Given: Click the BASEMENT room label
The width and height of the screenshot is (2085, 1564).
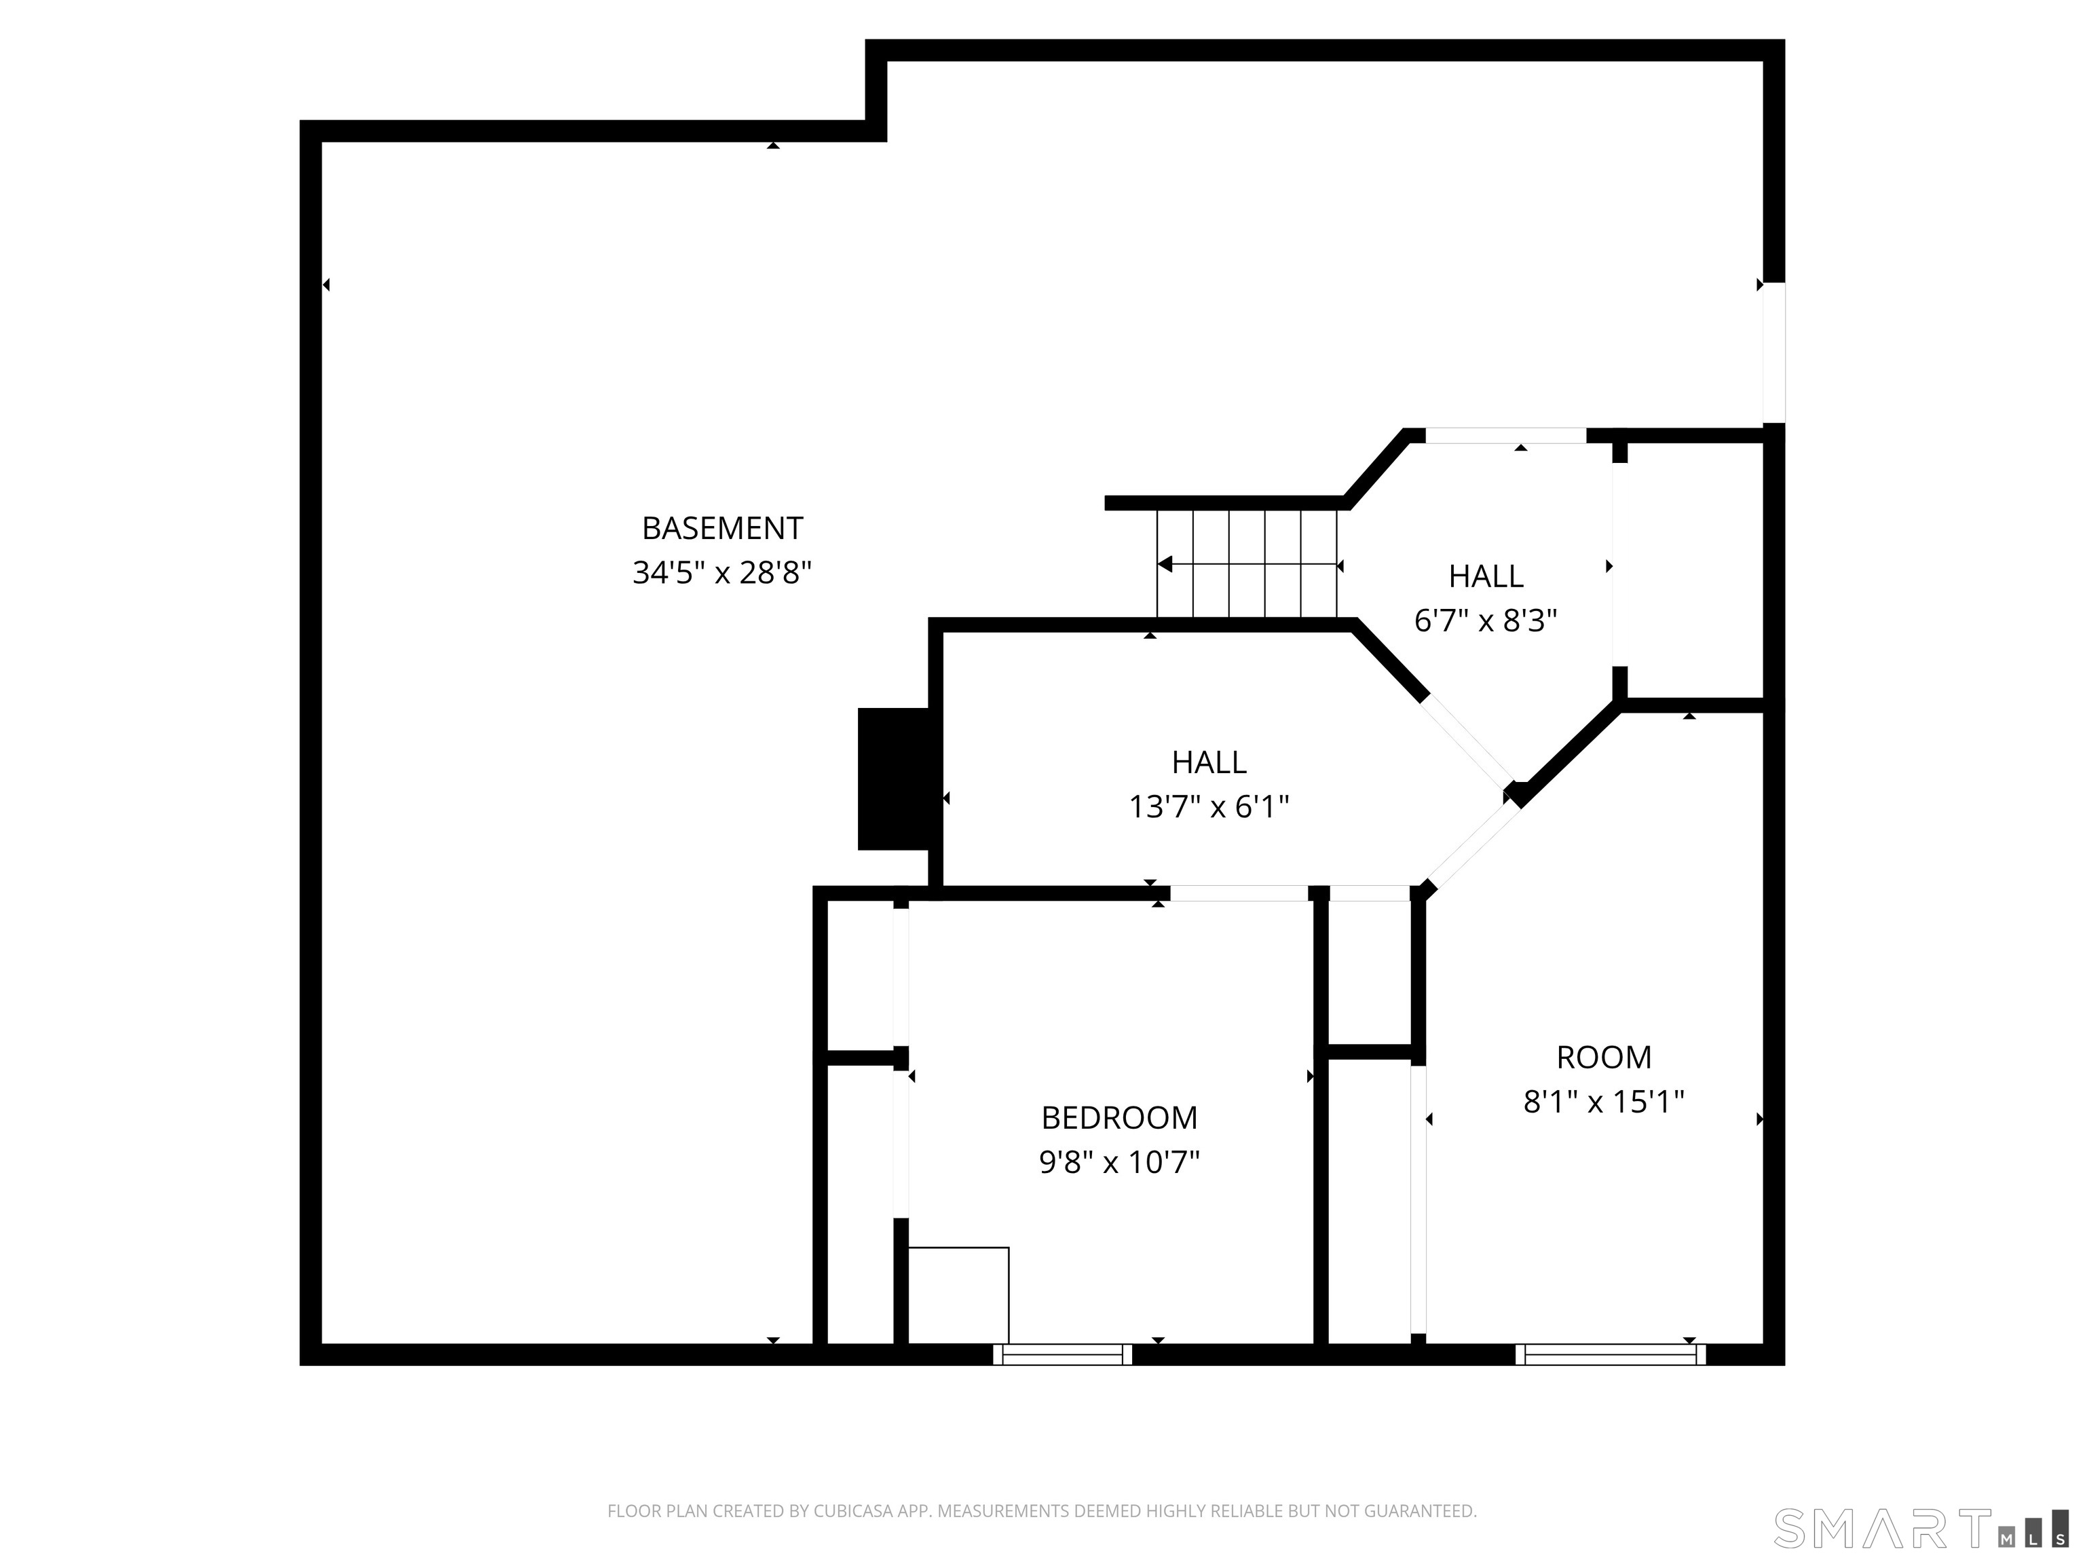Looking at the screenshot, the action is [722, 528].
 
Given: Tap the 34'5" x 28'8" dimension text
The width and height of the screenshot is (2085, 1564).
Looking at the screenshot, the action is [722, 572].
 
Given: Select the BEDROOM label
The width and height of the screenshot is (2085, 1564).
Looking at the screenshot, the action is [1119, 1117].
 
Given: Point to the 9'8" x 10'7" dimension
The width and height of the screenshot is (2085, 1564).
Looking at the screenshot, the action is [1119, 1162].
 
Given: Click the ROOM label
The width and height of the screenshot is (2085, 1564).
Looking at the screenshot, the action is [1603, 1057].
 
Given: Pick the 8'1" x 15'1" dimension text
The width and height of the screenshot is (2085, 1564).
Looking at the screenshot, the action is [1603, 1101].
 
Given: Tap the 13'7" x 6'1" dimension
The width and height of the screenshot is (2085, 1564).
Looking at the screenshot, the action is [1209, 807].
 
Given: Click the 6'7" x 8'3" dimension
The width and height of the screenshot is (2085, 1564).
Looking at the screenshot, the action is [1486, 620].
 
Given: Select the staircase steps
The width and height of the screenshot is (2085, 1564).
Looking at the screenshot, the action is [1247, 563].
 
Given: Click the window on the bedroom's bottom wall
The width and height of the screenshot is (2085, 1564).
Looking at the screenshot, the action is [1062, 1355].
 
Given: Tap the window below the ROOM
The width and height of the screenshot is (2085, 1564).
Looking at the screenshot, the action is [1610, 1355].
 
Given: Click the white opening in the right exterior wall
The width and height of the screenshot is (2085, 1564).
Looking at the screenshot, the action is [1774, 352].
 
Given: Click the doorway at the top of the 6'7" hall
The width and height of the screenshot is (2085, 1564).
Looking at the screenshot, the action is [1505, 436].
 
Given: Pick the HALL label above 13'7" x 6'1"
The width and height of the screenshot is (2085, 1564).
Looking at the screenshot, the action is [1209, 762].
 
